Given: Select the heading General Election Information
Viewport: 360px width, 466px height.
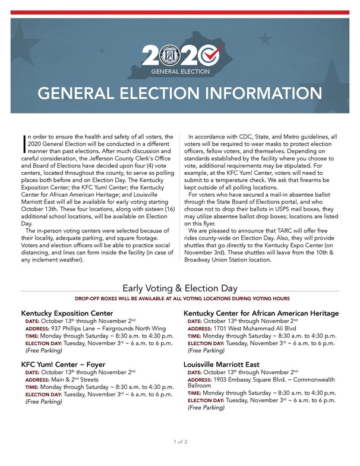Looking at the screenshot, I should pos(179,95).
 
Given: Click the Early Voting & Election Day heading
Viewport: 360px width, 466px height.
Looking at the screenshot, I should pos(179,288).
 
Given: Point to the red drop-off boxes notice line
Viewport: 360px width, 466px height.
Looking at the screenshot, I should pos(179,298).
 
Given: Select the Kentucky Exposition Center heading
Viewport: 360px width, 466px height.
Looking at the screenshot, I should pos(67,313).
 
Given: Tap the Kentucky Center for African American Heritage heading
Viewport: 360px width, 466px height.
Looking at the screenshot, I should pos(261,313).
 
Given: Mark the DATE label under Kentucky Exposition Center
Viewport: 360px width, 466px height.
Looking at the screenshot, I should pos(32,320).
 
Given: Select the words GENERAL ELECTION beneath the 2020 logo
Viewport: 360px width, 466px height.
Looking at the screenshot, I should pos(181,71).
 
